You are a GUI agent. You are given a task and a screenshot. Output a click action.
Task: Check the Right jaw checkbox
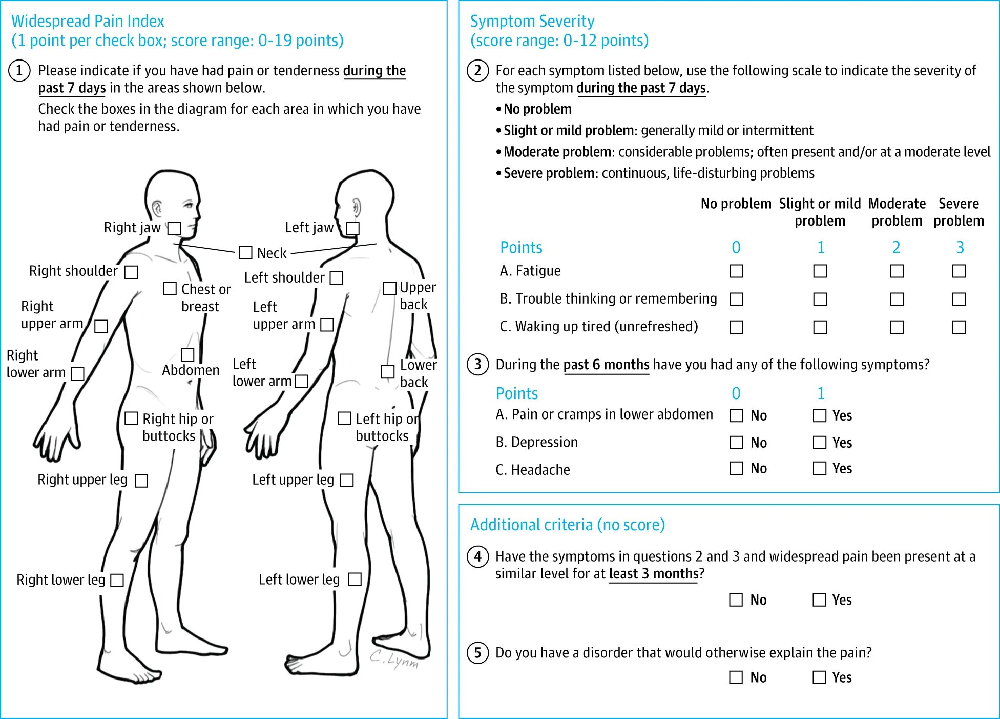(x=175, y=228)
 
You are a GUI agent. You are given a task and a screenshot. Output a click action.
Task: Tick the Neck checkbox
(x=246, y=252)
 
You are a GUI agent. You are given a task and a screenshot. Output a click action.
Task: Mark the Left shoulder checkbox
(x=337, y=277)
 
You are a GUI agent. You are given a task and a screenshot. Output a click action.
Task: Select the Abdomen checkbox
(x=187, y=354)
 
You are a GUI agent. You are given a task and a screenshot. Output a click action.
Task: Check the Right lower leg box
(x=117, y=580)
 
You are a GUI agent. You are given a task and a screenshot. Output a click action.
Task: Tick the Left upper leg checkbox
(x=347, y=480)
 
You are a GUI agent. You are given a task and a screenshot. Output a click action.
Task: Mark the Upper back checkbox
(x=390, y=288)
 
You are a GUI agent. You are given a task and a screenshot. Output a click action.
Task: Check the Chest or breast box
(x=170, y=289)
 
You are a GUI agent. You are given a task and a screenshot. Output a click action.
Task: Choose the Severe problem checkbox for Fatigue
(x=959, y=271)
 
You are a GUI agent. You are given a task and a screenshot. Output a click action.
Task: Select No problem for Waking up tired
(x=736, y=327)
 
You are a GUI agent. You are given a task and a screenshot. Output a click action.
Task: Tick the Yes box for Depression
(x=820, y=443)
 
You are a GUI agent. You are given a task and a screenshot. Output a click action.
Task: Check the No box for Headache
(x=736, y=468)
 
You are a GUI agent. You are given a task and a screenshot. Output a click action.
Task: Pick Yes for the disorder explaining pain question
(x=820, y=677)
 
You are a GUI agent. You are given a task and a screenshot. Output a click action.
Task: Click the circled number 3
(x=478, y=365)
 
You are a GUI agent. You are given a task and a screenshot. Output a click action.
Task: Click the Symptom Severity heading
(x=532, y=21)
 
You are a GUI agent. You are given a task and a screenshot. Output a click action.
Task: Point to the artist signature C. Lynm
(x=394, y=660)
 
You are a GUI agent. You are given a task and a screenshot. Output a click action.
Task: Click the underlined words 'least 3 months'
(x=653, y=574)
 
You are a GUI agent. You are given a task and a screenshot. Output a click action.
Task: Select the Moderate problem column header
(x=897, y=212)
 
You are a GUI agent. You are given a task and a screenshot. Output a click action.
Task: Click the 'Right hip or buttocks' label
(x=177, y=427)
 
